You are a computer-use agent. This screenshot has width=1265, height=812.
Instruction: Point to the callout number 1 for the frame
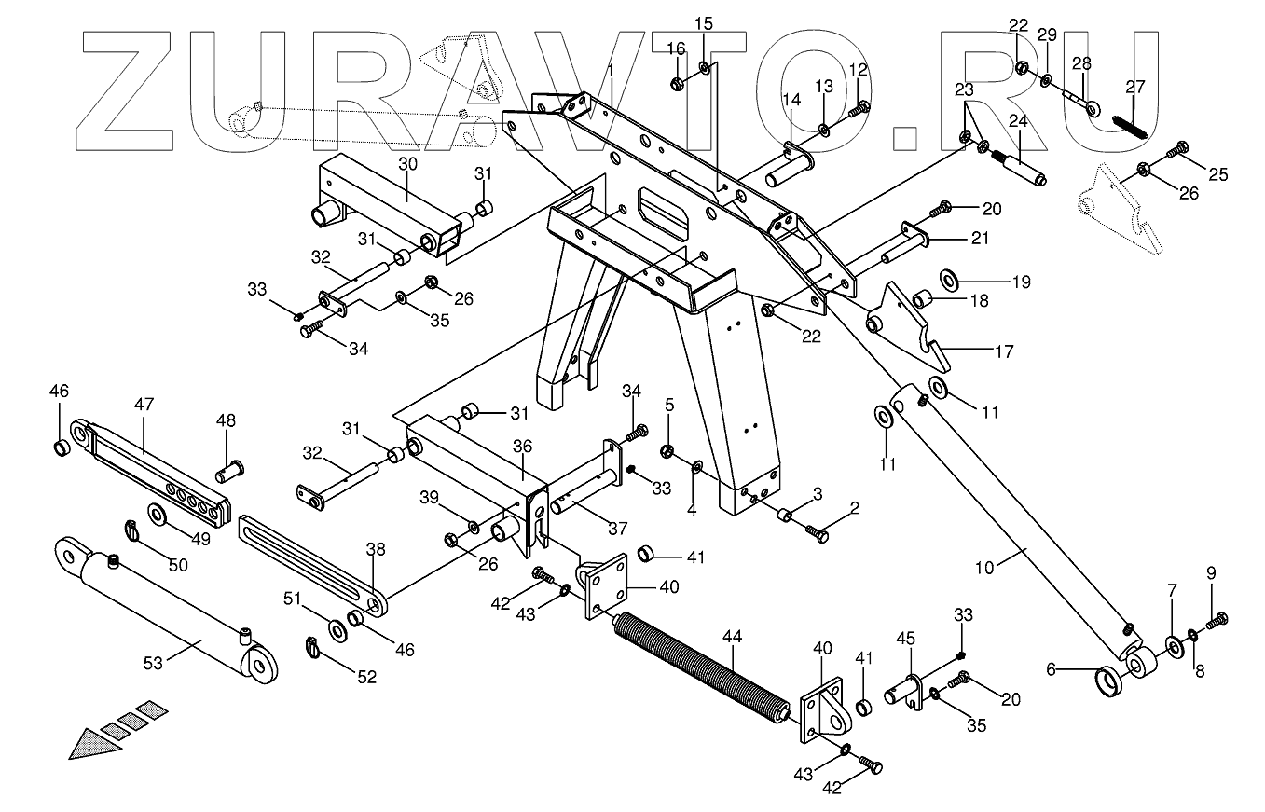tap(611, 70)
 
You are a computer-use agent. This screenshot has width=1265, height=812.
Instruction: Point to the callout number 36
tap(522, 447)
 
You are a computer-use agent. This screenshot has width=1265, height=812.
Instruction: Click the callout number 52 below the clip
tap(367, 677)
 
